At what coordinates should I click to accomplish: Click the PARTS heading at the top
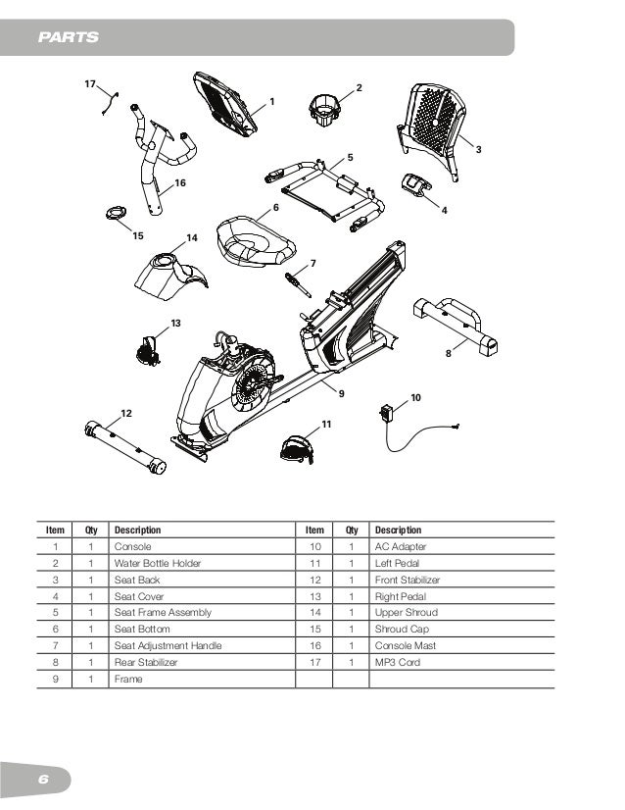click(68, 38)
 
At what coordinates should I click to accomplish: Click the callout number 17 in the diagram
click(89, 85)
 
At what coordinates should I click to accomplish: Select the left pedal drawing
click(295, 448)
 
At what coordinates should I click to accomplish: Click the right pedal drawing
click(148, 348)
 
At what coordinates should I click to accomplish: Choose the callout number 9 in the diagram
click(342, 393)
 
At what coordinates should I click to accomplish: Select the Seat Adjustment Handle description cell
click(168, 645)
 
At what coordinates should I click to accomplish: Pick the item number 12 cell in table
click(315, 580)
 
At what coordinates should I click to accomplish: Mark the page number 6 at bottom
click(42, 780)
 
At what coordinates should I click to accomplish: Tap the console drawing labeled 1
click(227, 102)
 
